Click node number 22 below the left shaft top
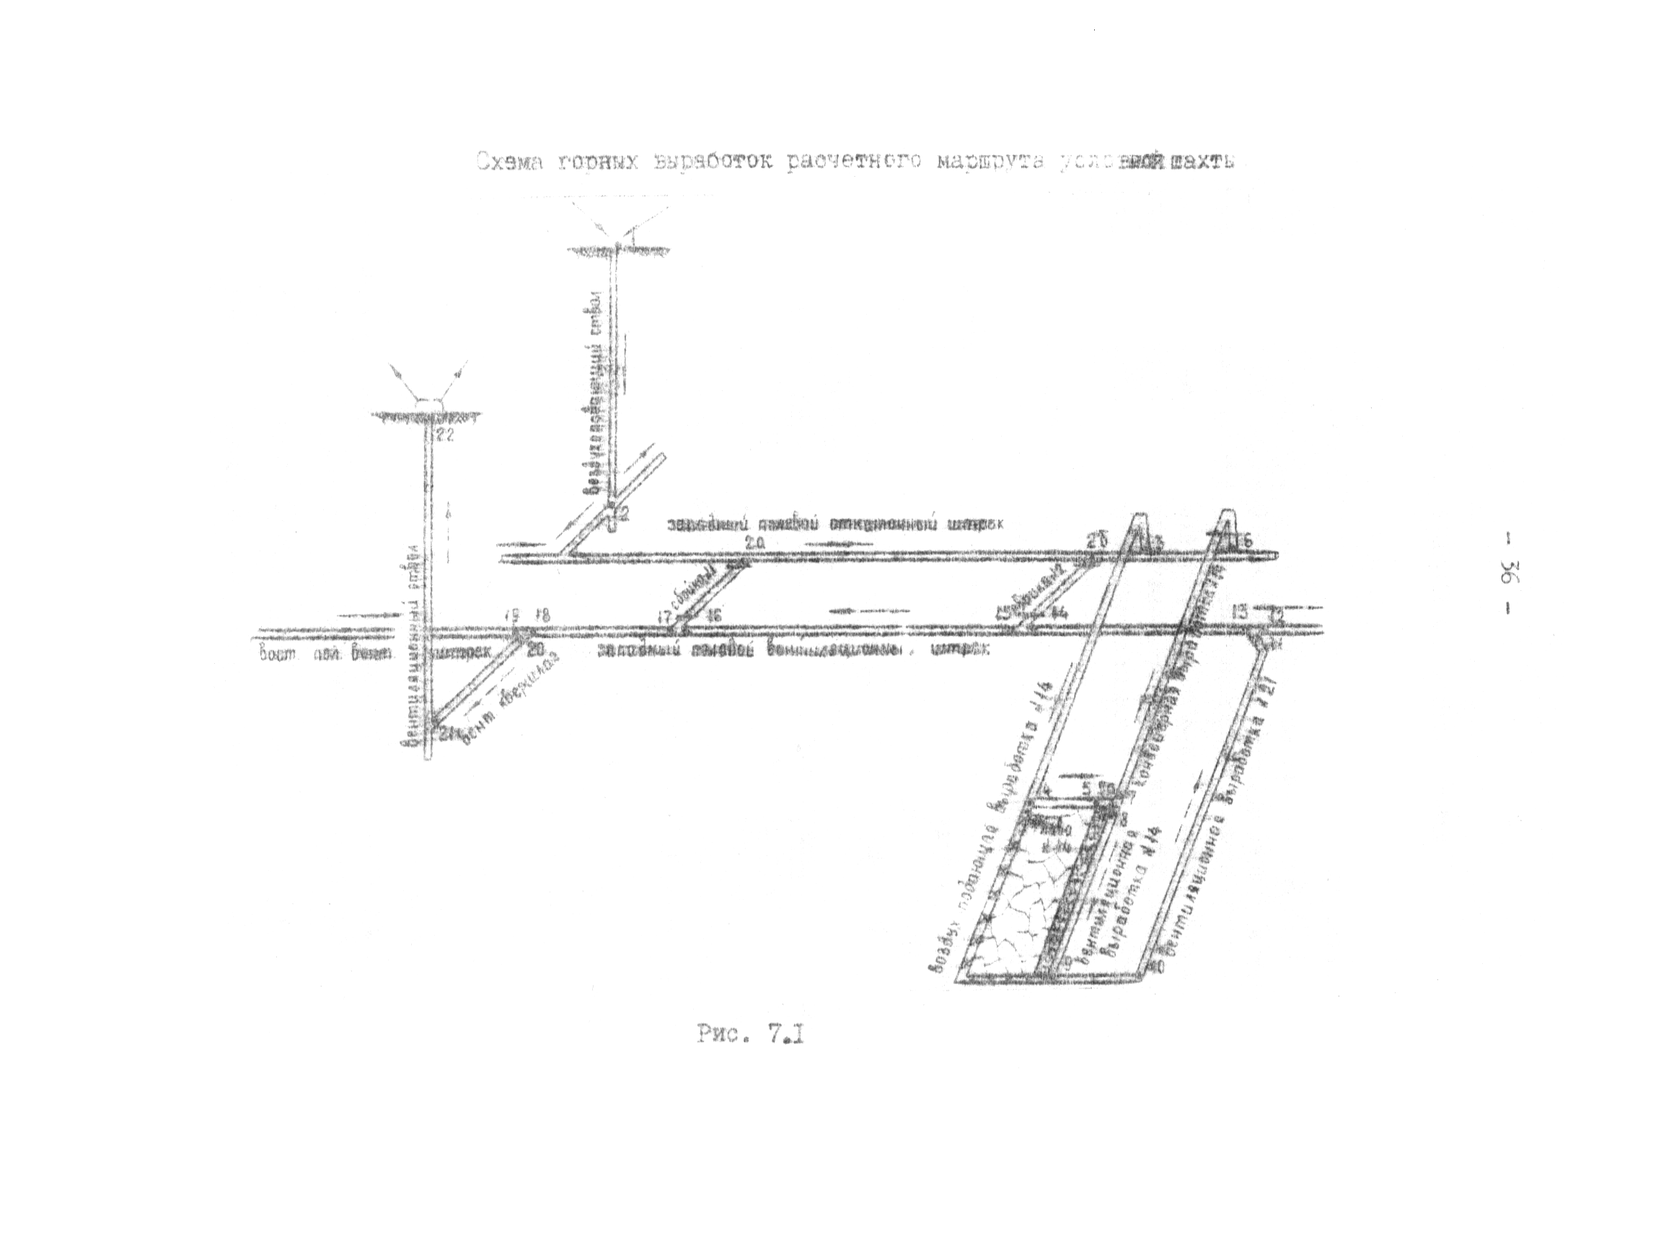click(445, 437)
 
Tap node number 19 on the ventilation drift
click(512, 615)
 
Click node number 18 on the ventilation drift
click(544, 615)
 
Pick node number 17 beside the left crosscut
click(664, 617)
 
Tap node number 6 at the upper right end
click(1247, 540)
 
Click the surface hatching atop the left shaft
click(426, 413)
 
